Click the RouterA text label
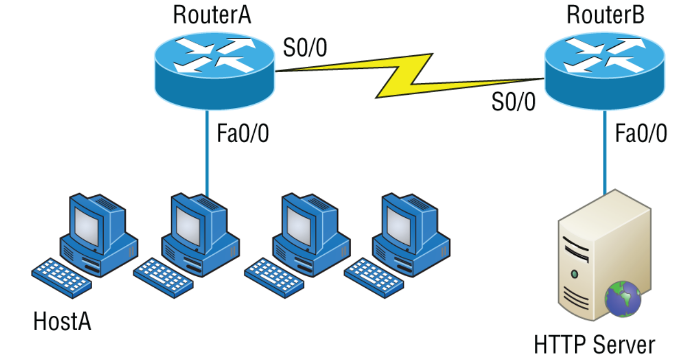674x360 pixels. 212,15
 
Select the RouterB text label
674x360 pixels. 605,15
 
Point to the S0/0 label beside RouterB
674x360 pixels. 513,103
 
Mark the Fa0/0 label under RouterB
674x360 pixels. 640,134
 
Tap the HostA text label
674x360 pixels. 62,321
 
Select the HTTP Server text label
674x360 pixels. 595,345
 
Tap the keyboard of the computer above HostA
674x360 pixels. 61,276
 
